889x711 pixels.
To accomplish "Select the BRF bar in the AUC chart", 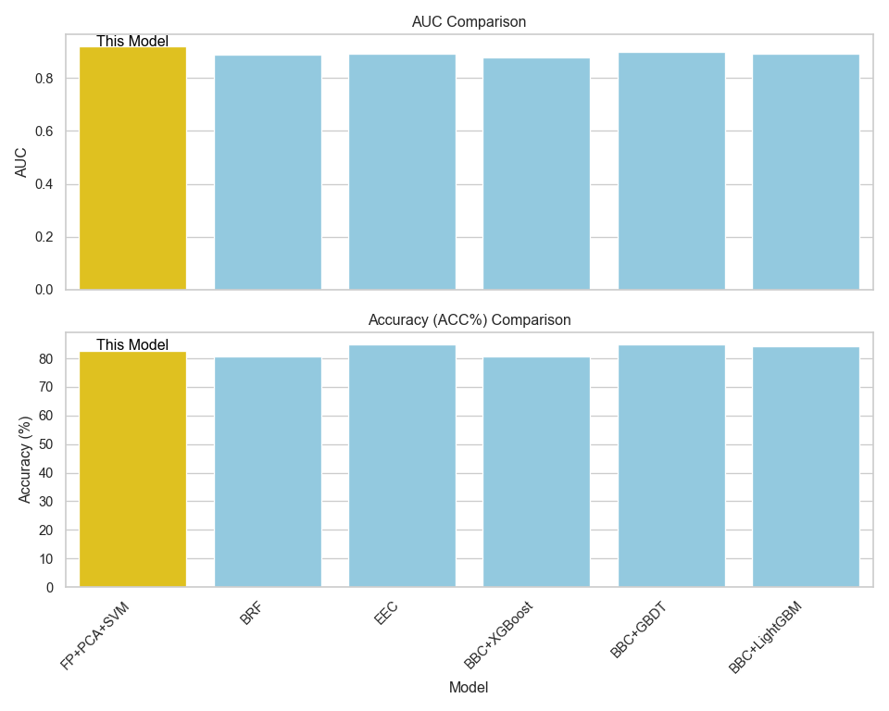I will point(268,172).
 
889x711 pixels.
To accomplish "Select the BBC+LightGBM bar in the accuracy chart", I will point(806,467).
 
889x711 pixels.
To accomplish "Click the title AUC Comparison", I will point(469,21).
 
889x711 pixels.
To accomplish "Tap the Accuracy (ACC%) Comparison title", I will point(469,319).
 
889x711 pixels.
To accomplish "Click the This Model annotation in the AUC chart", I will point(132,41).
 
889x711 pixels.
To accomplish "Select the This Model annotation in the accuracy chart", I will point(132,344).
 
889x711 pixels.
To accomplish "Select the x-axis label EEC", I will point(387,613).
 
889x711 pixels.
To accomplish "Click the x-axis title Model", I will point(469,688).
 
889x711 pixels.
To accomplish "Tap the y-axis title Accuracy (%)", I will point(25,459).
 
